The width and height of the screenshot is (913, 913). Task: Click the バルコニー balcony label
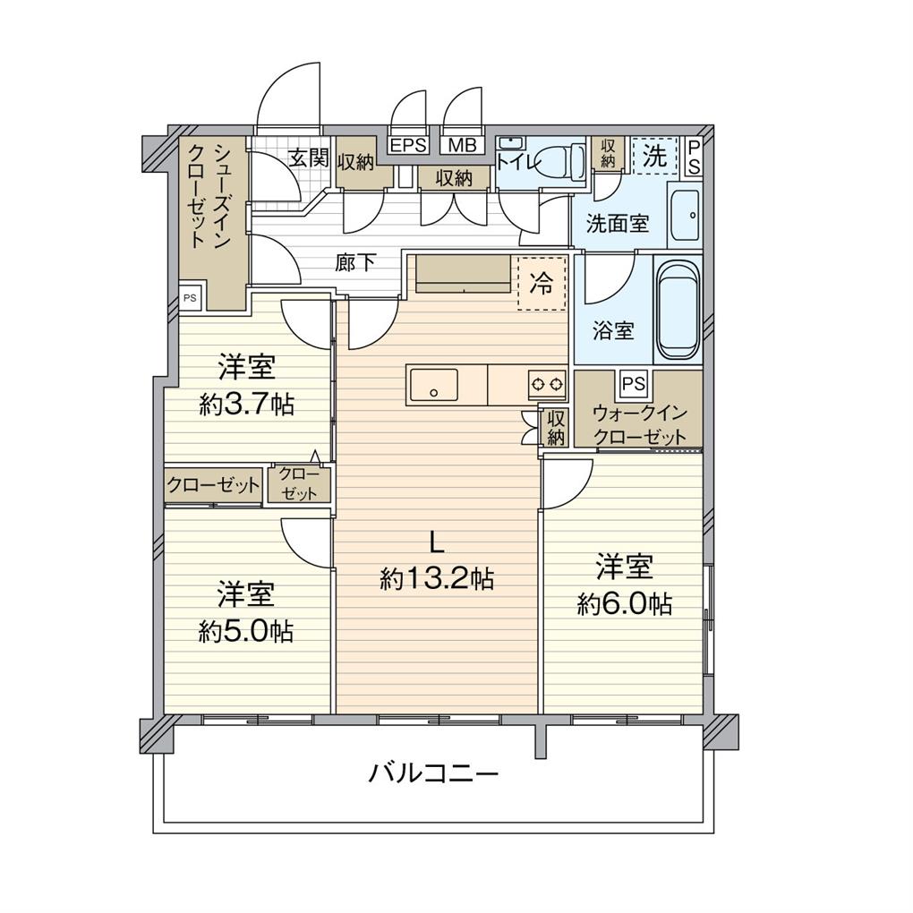coord(433,772)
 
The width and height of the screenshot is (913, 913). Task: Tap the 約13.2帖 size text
coord(436,579)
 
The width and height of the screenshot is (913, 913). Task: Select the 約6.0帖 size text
coord(625,604)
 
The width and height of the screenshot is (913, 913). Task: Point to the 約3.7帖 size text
coord(246,405)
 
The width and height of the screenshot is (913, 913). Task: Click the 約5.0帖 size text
coord(246,632)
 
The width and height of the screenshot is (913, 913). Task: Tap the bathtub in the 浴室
coord(678,309)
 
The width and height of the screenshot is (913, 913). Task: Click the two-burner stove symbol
coord(548,385)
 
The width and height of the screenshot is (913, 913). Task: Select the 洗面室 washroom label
coord(618,224)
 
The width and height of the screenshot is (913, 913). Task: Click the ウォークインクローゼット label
coord(639,425)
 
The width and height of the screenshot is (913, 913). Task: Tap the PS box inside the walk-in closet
coord(633,384)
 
